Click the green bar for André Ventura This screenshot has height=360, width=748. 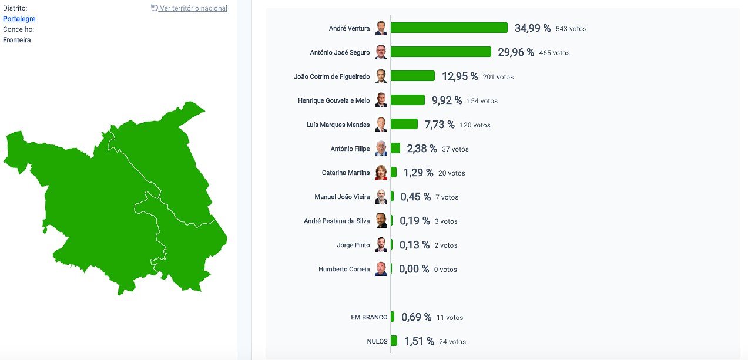pos(449,28)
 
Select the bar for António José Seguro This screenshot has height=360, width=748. pos(441,52)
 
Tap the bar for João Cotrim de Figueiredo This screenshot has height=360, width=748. pos(412,76)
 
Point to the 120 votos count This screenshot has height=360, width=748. pos(475,125)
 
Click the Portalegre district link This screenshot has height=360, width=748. pos(19,19)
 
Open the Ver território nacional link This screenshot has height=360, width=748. pos(189,8)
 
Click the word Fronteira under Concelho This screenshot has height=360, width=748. pos(17,40)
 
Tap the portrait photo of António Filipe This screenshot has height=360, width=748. pos(381,149)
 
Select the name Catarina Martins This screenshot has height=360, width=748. pos(346,173)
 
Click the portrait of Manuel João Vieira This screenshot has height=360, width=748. pos(381,197)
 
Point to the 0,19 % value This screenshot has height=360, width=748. pos(414,221)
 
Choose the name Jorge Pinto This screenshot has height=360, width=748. pos(353,245)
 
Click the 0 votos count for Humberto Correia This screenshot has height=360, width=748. pos(445,270)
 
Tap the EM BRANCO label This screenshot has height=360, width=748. pos(369,317)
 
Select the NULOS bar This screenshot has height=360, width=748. pos(394,341)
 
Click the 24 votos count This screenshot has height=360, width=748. pos(452,342)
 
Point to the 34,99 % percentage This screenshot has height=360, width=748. pos(532,28)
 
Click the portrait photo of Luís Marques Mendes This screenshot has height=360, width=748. pos(381,125)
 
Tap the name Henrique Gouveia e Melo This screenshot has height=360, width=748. pos(334,100)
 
